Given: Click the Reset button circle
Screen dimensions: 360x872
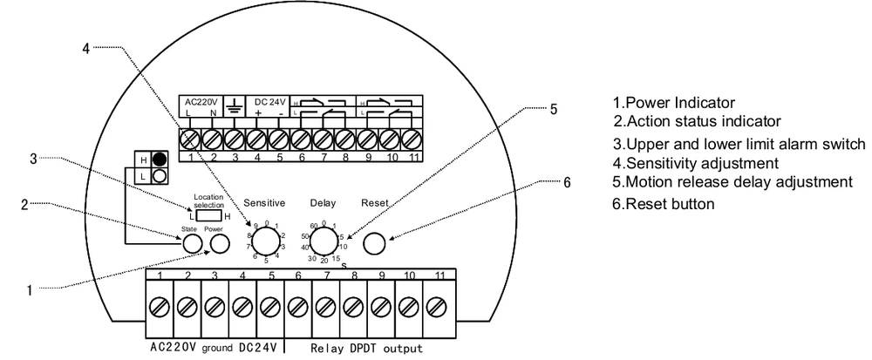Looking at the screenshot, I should coord(373,242).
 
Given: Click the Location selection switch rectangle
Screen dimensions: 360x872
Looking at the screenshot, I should coord(208,212).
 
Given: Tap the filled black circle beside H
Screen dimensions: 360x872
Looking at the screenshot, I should coord(159,159).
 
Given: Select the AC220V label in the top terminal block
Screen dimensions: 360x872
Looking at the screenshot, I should coord(200,98).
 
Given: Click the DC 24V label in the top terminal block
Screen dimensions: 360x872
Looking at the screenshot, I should coord(269,98).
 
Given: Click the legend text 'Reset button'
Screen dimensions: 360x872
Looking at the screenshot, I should coord(668,203).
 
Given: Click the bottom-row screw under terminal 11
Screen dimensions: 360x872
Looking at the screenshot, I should coord(438,307).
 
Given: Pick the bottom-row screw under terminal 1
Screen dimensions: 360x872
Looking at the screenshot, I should coord(160,307).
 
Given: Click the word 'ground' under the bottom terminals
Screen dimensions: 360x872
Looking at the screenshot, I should coord(216,350).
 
